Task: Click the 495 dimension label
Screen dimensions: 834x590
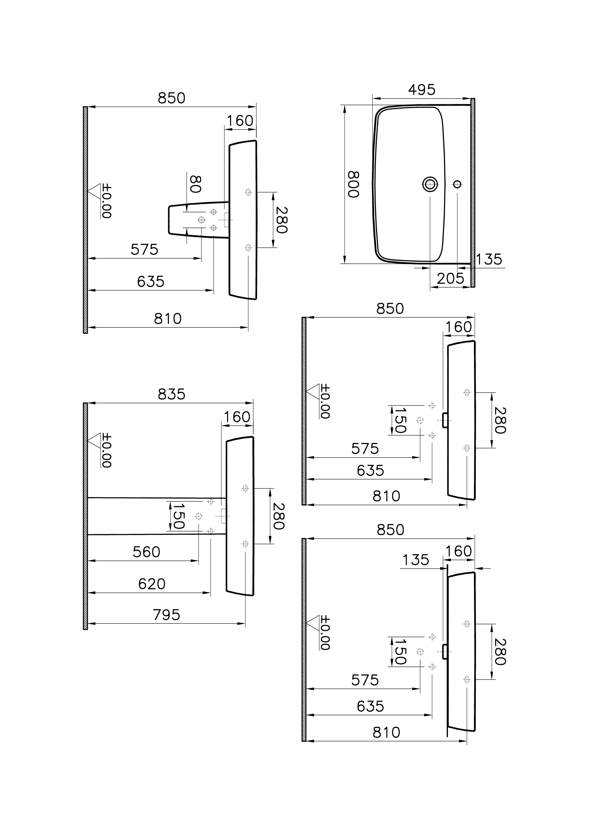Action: click(x=421, y=90)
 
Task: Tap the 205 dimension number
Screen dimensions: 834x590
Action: click(x=450, y=279)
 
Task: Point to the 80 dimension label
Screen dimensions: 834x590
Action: click(x=195, y=184)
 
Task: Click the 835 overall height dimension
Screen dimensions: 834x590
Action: click(x=172, y=394)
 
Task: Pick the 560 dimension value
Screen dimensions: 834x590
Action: click(x=146, y=552)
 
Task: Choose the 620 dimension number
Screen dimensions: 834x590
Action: click(x=152, y=584)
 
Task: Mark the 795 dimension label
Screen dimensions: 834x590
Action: click(x=167, y=615)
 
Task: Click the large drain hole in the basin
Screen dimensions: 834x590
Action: click(x=430, y=184)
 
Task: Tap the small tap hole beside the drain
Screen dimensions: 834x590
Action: click(x=457, y=184)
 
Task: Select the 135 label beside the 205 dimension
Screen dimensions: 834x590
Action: click(x=489, y=259)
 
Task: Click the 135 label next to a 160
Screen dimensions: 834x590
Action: click(x=416, y=560)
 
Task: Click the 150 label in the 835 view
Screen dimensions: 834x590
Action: click(x=178, y=516)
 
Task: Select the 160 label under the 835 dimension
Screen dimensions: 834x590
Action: click(x=237, y=417)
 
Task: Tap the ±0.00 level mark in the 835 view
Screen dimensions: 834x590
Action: click(x=106, y=450)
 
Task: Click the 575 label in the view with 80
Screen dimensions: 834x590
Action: click(x=144, y=250)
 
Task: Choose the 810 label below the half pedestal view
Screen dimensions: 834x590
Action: click(x=168, y=319)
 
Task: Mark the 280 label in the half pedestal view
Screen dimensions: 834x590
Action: click(x=282, y=220)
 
